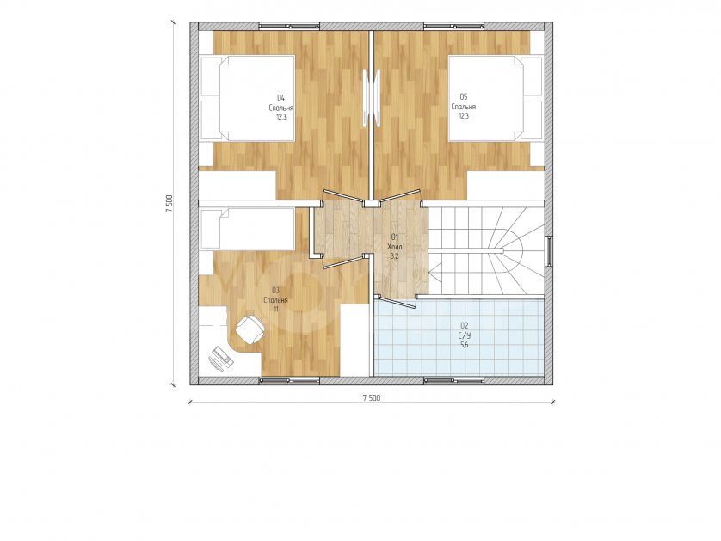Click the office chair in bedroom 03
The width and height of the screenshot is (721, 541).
250,329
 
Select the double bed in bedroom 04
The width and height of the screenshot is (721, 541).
248,98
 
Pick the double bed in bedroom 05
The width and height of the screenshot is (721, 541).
496,98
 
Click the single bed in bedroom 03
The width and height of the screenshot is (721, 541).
248,229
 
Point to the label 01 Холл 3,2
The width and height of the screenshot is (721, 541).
395,246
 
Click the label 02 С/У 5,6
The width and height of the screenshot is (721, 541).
464,335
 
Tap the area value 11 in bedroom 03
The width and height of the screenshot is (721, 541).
275,310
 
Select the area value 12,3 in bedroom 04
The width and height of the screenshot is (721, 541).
281,117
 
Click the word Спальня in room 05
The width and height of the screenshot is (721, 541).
464,107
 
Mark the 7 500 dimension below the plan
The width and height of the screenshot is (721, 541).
372,398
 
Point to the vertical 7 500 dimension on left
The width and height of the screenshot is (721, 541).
169,203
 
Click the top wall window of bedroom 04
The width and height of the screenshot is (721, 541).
289,26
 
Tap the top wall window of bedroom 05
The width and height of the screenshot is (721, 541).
453,26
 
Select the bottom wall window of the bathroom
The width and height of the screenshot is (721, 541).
453,380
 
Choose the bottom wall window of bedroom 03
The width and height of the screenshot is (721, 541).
289,380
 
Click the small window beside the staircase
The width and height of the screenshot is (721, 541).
549,251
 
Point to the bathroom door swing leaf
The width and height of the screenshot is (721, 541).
394,301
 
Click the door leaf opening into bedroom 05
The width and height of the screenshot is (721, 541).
399,195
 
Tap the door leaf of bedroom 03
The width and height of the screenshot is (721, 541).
342,262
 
